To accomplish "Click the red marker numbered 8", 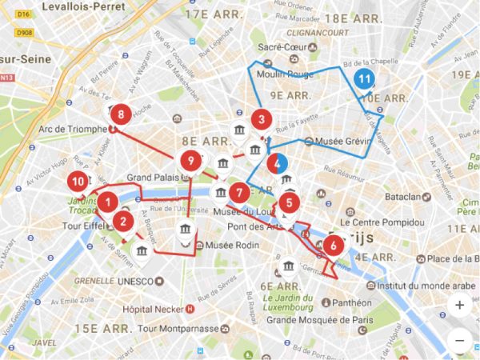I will (120, 114).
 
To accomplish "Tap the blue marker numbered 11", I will (365, 78).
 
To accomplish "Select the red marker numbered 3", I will (259, 120).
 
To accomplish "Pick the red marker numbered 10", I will (77, 181).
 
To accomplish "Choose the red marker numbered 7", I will (238, 193).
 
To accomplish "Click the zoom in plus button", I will (459, 305).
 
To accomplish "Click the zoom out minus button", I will (459, 340).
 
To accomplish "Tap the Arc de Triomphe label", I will (72, 128).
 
